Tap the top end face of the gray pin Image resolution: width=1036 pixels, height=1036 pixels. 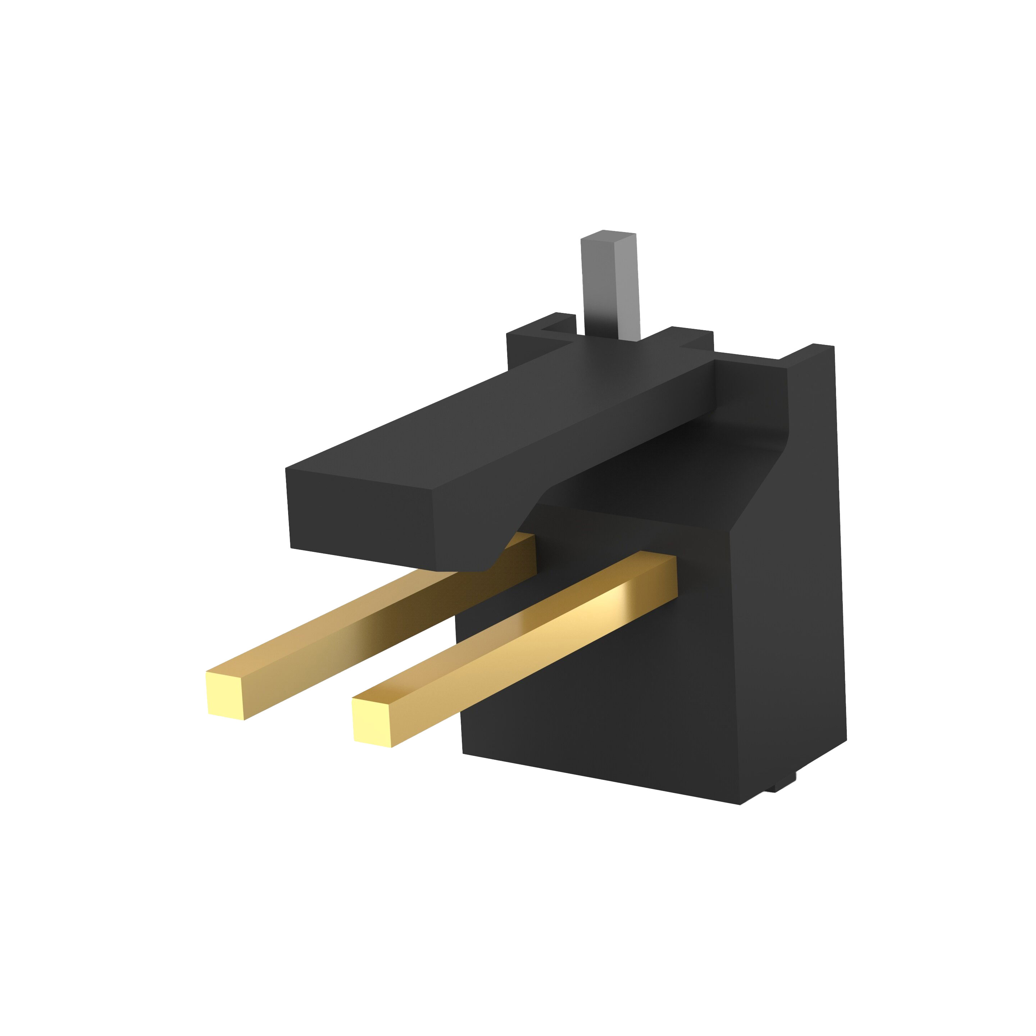click(x=609, y=236)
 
